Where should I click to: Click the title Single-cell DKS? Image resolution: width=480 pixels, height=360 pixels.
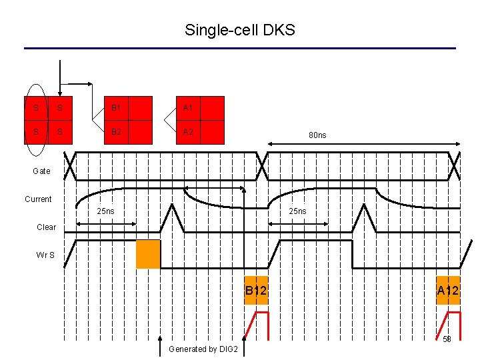click(x=239, y=30)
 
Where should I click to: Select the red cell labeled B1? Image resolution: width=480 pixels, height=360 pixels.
click(x=116, y=108)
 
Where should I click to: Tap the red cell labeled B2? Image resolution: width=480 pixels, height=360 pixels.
click(x=116, y=132)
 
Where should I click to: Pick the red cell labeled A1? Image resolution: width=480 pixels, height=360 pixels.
click(x=188, y=108)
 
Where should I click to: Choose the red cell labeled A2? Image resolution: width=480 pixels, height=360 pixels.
click(x=188, y=132)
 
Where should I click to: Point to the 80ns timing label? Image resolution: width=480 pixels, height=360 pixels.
click(x=317, y=135)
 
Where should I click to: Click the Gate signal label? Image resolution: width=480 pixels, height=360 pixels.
click(x=41, y=171)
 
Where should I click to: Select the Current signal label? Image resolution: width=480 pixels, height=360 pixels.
click(x=38, y=199)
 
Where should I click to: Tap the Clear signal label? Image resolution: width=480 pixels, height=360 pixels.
click(x=47, y=227)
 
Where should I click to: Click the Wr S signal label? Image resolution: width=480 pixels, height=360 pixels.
click(x=46, y=255)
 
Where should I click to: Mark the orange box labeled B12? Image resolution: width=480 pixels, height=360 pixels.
click(x=256, y=291)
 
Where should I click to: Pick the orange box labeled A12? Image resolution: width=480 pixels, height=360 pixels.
click(x=448, y=291)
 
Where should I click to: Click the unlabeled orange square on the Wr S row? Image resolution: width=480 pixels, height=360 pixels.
click(x=148, y=254)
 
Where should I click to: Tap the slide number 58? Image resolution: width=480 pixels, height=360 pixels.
click(x=447, y=339)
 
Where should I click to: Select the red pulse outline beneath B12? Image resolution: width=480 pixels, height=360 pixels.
click(x=257, y=325)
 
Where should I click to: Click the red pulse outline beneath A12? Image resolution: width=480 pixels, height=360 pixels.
click(x=449, y=325)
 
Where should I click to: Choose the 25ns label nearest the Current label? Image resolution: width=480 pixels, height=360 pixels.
click(x=105, y=211)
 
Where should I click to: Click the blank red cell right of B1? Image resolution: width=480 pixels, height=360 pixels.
click(x=140, y=108)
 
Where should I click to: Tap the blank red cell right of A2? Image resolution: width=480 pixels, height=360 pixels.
click(x=212, y=132)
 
